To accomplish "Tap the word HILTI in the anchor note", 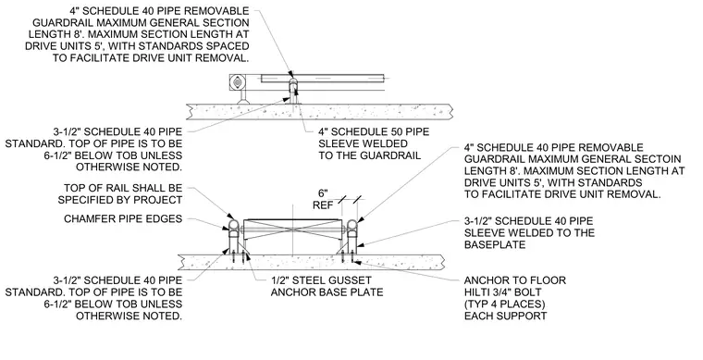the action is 478,292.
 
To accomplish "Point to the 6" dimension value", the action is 323,193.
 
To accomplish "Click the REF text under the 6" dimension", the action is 323,205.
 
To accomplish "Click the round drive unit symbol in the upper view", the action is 236,82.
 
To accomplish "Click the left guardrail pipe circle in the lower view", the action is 234,225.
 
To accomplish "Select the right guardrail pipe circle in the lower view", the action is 351,225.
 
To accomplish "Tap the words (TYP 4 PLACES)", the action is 505,304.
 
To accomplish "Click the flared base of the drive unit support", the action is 243,102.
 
